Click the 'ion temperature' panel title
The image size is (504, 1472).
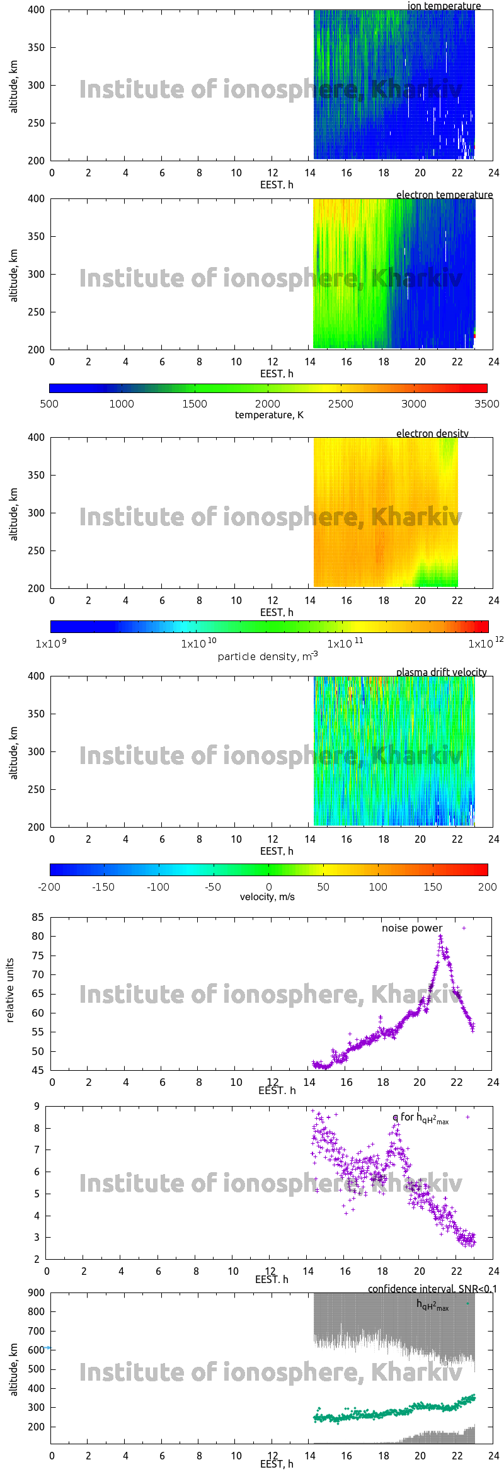pos(444,6)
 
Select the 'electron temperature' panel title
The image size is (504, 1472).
pos(444,195)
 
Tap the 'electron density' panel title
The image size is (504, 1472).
pos(432,433)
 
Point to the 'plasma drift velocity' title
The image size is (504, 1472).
pos(441,672)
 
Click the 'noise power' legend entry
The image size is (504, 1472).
pos(412,928)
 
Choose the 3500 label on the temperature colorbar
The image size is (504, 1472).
pos(486,404)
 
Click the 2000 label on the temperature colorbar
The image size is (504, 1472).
pos(268,404)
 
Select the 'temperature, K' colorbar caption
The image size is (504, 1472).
pos(269,414)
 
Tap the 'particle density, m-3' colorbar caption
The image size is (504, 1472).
pos(267,656)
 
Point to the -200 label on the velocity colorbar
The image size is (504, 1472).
pos(49,887)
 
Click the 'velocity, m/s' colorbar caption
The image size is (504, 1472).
pos(267,896)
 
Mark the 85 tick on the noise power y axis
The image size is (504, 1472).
pos(38,917)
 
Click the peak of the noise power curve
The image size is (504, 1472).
pos(440,936)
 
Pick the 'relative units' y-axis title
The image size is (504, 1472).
pos(9,990)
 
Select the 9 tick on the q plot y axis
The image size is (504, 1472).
pos(37,1106)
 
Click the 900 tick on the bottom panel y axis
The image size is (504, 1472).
pos(37,1292)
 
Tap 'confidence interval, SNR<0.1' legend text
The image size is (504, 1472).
pos(432,1289)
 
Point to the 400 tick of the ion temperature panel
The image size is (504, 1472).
pos(36,10)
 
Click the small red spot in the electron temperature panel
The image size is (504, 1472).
pos(474,336)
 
